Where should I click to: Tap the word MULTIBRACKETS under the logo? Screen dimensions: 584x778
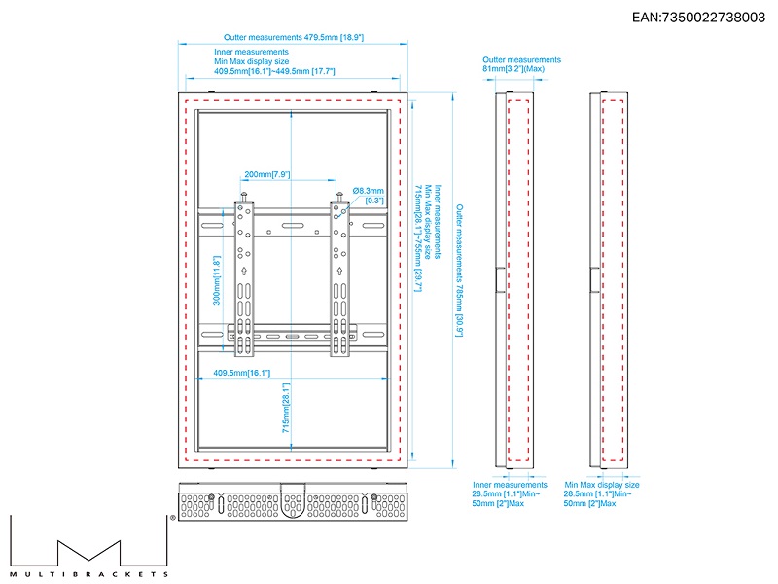coord(88,574)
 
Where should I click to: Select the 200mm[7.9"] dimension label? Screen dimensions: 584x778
coord(266,174)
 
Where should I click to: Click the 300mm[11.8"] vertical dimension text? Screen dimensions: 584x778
coord(217,280)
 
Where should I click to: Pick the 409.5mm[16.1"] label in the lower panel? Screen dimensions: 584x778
coord(242,373)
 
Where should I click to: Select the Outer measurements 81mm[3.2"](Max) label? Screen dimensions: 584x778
coord(521,64)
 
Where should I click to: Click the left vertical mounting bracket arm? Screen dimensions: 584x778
coord(241,277)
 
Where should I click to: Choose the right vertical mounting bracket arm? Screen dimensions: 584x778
coord(339,277)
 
